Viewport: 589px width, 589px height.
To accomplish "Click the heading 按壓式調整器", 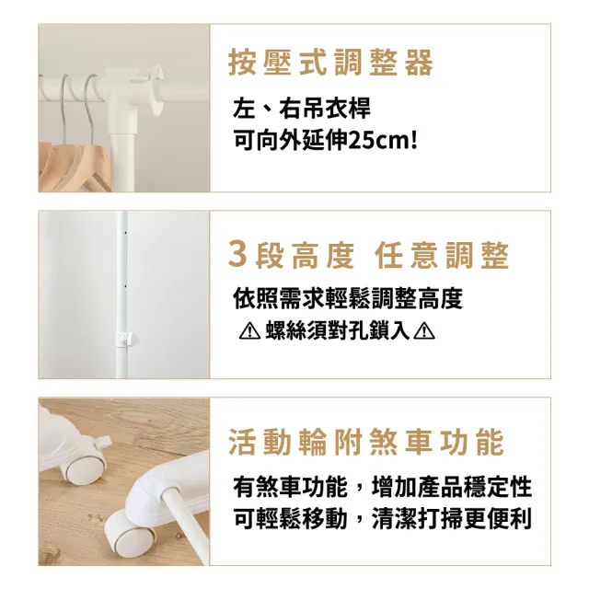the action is (x=330, y=63).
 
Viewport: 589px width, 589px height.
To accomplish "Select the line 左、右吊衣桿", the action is (x=302, y=109).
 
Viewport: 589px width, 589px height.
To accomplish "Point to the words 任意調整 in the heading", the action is (x=442, y=255).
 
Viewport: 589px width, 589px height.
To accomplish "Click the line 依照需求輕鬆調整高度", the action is (x=348, y=299).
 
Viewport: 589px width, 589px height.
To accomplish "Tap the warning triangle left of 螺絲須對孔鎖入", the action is (x=249, y=331).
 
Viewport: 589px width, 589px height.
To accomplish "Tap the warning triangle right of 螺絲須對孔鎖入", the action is (x=424, y=331).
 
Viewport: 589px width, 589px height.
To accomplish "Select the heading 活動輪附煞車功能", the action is (x=366, y=442).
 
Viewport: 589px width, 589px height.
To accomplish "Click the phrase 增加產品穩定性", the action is (x=452, y=487).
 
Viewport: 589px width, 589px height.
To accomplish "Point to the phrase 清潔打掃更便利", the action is (x=452, y=519).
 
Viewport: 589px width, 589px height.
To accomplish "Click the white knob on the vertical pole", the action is (x=127, y=338).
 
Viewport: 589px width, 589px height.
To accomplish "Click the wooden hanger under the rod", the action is (x=75, y=166).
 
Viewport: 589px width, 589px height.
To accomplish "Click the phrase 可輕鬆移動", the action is (x=290, y=519).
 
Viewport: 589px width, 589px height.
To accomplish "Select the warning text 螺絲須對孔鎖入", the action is (x=337, y=331).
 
